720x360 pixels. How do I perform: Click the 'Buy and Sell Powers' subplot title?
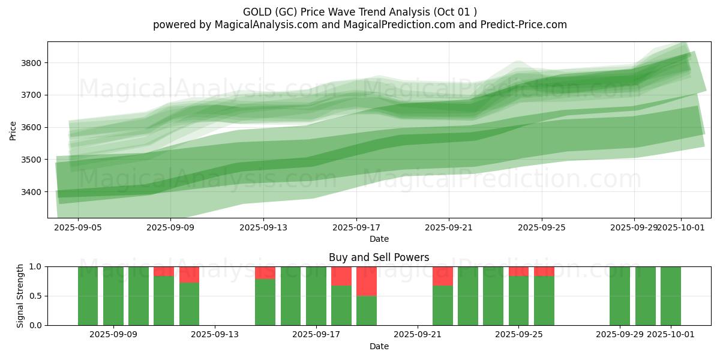379,257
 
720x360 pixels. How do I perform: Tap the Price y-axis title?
13,130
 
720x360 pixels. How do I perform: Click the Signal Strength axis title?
20,296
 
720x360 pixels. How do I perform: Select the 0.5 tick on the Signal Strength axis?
35,296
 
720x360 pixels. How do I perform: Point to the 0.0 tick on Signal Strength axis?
35,325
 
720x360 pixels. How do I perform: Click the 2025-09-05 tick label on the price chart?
78,228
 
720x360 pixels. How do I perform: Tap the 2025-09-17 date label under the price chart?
356,228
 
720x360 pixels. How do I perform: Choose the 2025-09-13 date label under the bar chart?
215,335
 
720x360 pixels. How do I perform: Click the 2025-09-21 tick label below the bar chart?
418,335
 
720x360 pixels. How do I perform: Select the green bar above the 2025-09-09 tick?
113,296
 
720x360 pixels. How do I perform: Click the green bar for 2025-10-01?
671,296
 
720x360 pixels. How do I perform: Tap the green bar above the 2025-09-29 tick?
620,296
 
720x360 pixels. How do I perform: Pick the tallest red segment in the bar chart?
367,281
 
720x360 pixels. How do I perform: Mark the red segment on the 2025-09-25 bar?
519,271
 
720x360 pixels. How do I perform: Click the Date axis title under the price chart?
379,239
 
